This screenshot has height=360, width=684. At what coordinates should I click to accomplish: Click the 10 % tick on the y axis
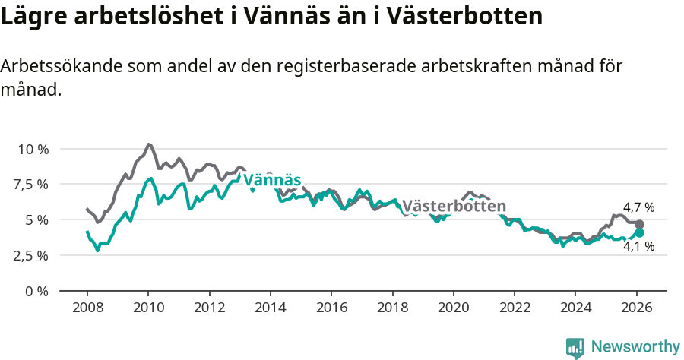pyautogui.click(x=33, y=149)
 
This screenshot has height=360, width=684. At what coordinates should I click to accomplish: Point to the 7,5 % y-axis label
pyautogui.click(x=33, y=185)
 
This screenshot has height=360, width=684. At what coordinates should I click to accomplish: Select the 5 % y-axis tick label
pyautogui.click(x=38, y=220)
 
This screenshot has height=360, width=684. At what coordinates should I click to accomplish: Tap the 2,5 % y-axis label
pyautogui.click(x=33, y=255)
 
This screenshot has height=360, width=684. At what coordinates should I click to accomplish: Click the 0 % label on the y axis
pyautogui.click(x=38, y=291)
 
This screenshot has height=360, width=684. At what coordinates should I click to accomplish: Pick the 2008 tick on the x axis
pyautogui.click(x=87, y=309)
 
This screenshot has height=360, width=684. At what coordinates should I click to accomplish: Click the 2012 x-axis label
pyautogui.click(x=209, y=309)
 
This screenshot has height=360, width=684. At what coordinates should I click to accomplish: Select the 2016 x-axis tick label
pyautogui.click(x=331, y=309)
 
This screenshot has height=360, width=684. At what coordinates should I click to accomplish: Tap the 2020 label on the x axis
pyautogui.click(x=453, y=309)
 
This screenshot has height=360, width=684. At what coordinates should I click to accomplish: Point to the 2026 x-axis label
pyautogui.click(x=635, y=309)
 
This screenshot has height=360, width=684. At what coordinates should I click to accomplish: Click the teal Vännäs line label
pyautogui.click(x=271, y=179)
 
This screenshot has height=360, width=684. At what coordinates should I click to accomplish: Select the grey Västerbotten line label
pyautogui.click(x=454, y=207)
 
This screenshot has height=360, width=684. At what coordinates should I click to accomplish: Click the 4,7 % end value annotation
pyautogui.click(x=638, y=207)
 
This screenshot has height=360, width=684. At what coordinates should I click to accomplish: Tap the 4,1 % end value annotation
pyautogui.click(x=638, y=246)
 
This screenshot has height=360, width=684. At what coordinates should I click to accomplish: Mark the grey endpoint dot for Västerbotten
pyautogui.click(x=639, y=225)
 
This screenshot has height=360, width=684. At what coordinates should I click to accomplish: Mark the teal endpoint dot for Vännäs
pyautogui.click(x=639, y=233)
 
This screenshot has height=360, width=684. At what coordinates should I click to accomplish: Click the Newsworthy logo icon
pyautogui.click(x=575, y=347)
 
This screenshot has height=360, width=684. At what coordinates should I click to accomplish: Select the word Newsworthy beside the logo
pyautogui.click(x=635, y=347)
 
